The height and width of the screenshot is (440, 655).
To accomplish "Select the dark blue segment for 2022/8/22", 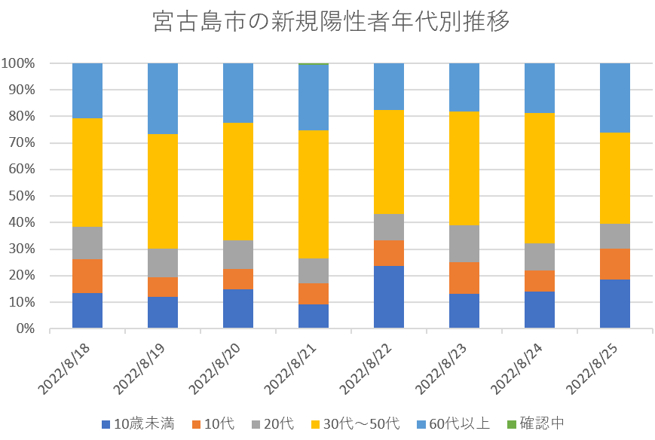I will tap(389, 297).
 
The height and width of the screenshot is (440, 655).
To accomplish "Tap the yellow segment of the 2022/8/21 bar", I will tap(314, 194).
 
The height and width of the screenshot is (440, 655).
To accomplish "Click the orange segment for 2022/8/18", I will tap(87, 276).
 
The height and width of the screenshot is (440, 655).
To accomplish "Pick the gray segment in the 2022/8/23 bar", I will tap(464, 243).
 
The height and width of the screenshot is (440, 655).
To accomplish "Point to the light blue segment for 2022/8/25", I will tap(615, 98).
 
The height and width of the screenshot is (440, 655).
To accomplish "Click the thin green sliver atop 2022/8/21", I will tap(314, 64).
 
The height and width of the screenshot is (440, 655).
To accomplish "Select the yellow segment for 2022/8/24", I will tap(540, 178).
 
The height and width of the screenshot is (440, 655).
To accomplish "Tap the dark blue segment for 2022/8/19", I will tap(163, 313).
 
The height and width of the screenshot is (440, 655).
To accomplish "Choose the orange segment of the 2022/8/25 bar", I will tap(615, 264).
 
